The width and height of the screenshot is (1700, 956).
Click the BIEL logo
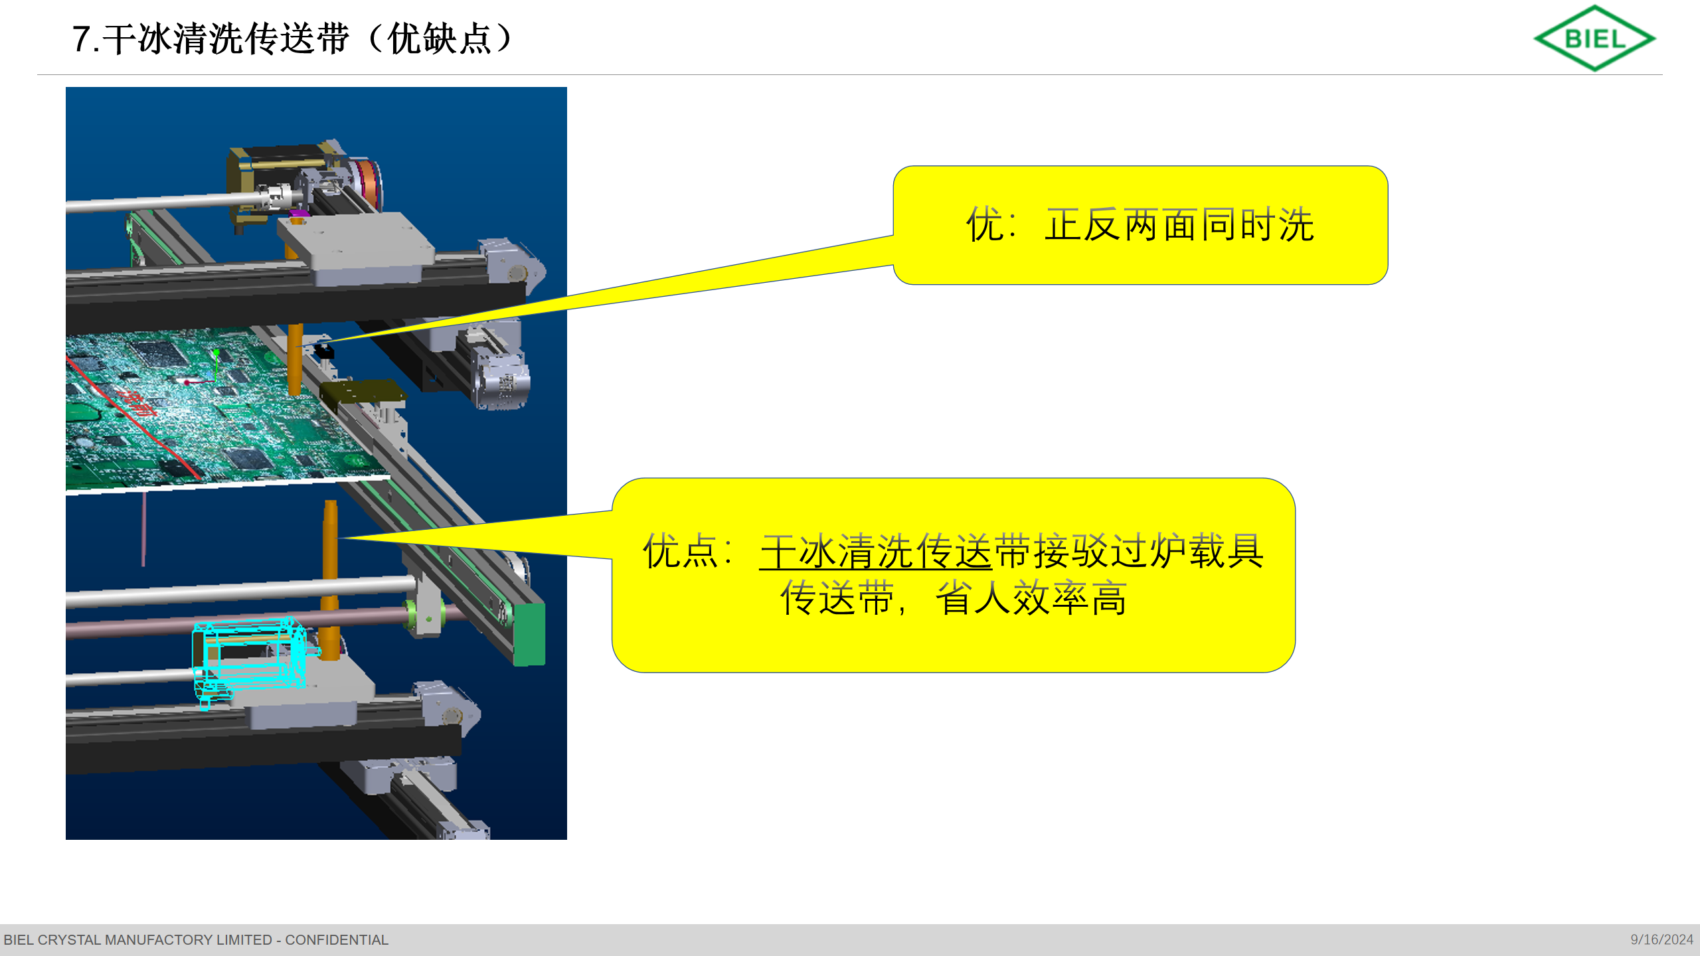point(1594,38)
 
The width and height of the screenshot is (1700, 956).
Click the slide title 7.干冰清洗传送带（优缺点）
point(293,39)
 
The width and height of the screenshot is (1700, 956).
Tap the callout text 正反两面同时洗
point(1179,224)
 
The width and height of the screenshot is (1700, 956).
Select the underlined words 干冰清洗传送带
point(875,551)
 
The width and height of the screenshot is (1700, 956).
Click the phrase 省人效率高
point(1031,598)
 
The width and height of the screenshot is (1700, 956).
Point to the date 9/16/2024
point(1661,940)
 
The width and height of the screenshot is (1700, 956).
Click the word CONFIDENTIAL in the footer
point(337,940)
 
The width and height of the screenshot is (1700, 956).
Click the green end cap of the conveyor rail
point(529,633)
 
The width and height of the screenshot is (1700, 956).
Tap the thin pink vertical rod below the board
point(143,529)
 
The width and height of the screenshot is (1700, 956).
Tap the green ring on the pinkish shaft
point(412,614)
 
